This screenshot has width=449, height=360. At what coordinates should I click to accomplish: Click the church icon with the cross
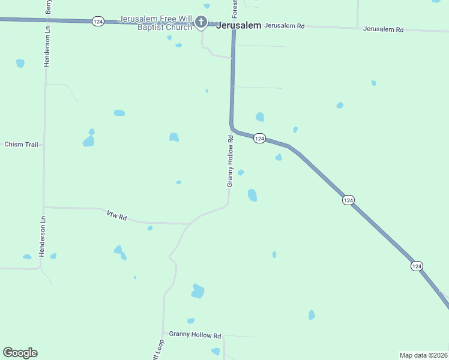pos(201,23)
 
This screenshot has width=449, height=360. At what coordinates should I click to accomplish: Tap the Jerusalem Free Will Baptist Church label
pos(155,23)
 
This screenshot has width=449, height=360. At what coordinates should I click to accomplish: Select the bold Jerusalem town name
pos(238,25)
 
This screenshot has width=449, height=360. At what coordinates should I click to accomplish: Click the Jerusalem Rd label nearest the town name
pos(285,26)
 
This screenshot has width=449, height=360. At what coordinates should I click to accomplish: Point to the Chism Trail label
pos(21,145)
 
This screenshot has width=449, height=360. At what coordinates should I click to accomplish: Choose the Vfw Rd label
pos(116,215)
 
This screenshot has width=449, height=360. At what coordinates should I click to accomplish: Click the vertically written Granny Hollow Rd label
pos(229,161)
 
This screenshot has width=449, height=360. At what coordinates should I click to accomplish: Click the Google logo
pos(20,353)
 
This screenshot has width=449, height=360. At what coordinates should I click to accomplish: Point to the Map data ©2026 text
pos(423,355)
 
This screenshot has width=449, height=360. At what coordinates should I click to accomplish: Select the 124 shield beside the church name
pos(98,21)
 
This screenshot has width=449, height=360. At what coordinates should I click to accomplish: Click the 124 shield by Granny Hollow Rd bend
pos(259,139)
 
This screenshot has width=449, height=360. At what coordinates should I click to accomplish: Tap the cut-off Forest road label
pos(235,8)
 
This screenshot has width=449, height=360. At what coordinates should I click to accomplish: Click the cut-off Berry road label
pos(49,7)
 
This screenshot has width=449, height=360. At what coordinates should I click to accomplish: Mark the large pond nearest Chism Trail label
pos(88,141)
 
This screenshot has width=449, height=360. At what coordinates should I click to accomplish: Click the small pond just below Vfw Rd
pos(149,228)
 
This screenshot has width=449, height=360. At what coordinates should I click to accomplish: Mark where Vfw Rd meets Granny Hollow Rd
pos(190,224)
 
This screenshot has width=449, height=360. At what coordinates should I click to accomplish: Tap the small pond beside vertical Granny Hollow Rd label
pos(241,173)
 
